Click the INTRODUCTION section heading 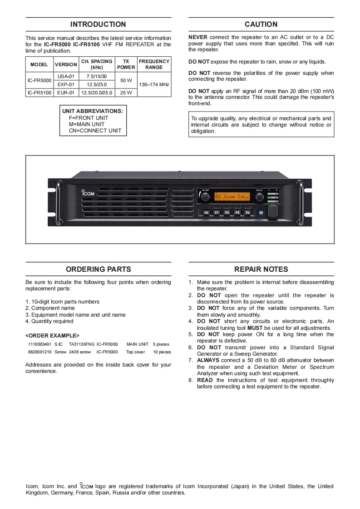pyautogui.click(x=98, y=24)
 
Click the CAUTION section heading pyautogui.click(x=261, y=24)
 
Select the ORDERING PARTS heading pyautogui.click(x=98, y=269)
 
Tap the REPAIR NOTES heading pyautogui.click(x=261, y=269)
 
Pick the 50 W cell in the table pyautogui.click(x=126, y=80)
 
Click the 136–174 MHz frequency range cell pyautogui.click(x=154, y=84)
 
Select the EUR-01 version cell pyautogui.click(x=66, y=93)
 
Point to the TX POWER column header pyautogui.click(x=126, y=64)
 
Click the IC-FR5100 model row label pyautogui.click(x=39, y=93)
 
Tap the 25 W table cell pyautogui.click(x=126, y=93)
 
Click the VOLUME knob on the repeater pyautogui.click(x=206, y=197)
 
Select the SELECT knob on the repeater pyautogui.click(x=259, y=197)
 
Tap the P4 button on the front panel pyautogui.click(x=247, y=212)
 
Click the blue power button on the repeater pyautogui.click(x=261, y=212)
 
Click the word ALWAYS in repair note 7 pyautogui.click(x=208, y=361)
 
